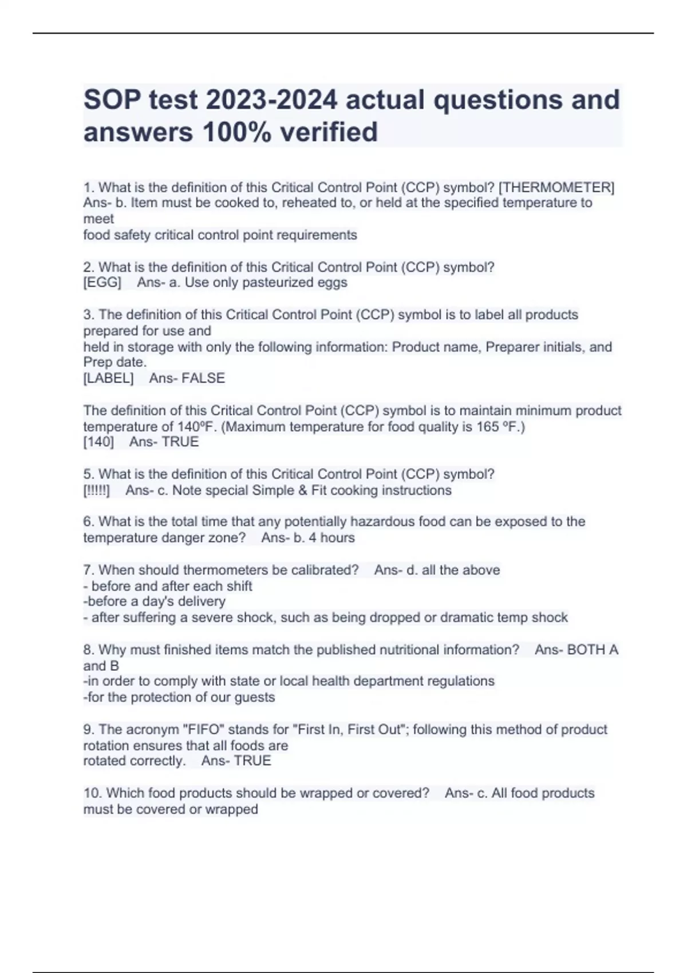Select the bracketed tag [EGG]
pos(102,282)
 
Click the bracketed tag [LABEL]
pos(109,378)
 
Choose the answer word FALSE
pos(203,378)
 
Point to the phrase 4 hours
pos(331,537)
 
